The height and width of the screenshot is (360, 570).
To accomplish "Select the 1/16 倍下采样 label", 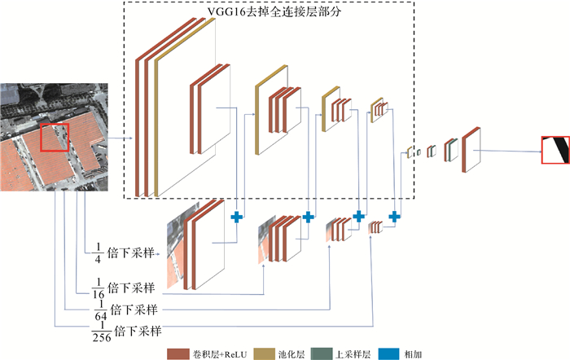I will coord(121,288).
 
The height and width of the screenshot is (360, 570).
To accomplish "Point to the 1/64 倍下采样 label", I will coord(121,310).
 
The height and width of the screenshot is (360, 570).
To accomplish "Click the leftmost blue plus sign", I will coord(237,217).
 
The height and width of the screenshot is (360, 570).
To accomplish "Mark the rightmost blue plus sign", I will coord(394,217).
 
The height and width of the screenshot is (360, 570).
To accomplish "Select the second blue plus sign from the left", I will coord(308,217).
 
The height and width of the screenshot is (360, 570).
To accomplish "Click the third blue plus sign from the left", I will coord(357,217).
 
